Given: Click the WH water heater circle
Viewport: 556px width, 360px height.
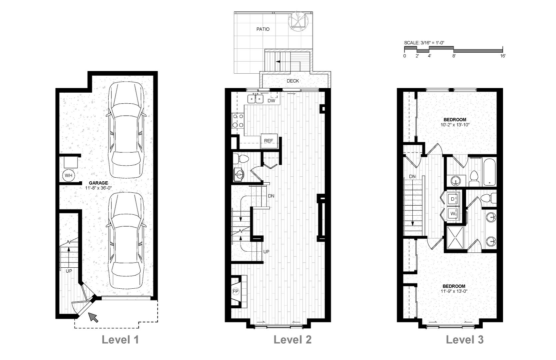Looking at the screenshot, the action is (x=69, y=175).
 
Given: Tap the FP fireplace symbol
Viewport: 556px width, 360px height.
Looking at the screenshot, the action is (x=235, y=291).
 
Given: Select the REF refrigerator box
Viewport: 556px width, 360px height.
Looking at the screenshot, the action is (x=269, y=141).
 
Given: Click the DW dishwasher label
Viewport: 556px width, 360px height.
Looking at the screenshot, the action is (x=271, y=101).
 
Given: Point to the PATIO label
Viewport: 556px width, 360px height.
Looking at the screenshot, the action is (x=263, y=29).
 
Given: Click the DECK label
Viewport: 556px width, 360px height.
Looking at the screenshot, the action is (x=292, y=81).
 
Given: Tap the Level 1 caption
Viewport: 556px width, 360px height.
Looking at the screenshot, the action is (x=120, y=340).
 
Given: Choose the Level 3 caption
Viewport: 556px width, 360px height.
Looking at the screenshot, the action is (x=465, y=340).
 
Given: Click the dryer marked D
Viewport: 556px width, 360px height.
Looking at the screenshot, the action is (x=453, y=199).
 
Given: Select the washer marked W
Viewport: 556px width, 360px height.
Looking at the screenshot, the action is (x=453, y=213).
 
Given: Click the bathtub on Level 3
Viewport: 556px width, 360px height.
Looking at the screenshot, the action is (x=489, y=172).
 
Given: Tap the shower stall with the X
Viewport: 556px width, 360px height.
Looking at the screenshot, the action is (x=455, y=237).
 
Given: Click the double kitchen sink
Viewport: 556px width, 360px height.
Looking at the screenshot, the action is (x=256, y=99).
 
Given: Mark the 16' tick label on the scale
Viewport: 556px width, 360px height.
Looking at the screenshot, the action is (x=503, y=56).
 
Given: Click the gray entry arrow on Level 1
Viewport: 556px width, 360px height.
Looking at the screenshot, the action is (x=93, y=317).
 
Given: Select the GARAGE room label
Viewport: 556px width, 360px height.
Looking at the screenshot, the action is (x=99, y=183).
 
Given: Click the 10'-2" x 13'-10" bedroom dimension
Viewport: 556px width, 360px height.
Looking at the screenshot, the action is (x=455, y=125).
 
